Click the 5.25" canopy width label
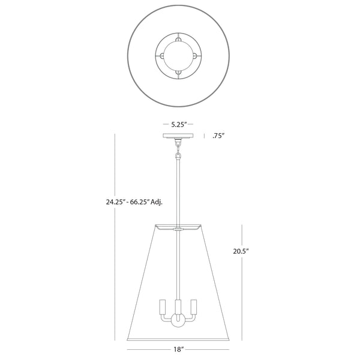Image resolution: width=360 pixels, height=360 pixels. [178, 124]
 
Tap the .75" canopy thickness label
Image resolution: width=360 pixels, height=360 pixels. [218, 136]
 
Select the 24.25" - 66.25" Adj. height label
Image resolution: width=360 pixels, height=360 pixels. [134, 202]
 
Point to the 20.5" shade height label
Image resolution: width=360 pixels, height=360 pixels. [241, 251]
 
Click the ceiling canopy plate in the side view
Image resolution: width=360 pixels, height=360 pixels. [178, 136]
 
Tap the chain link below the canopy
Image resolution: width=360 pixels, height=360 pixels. [178, 149]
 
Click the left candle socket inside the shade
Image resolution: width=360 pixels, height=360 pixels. [163, 307]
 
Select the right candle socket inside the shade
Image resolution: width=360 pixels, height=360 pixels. [194, 307]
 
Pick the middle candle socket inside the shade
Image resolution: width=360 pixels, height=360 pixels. [178, 308]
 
